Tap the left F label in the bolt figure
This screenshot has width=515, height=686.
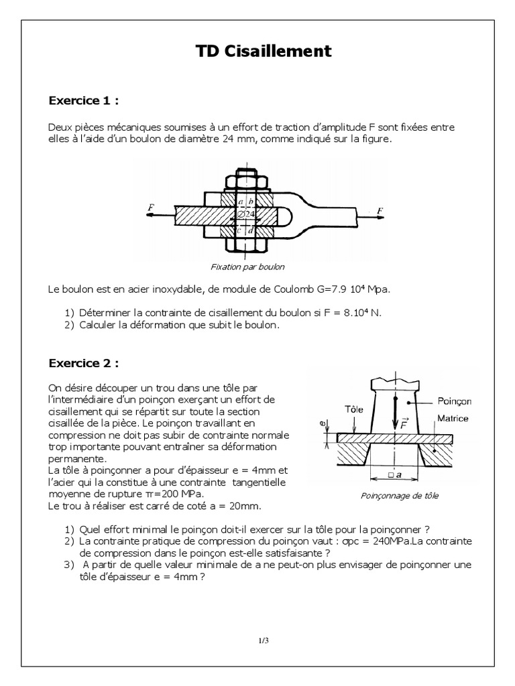point(150,209)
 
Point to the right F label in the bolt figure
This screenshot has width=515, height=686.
point(381,210)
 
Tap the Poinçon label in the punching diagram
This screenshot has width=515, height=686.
point(455,401)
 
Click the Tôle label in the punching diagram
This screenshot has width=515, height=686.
point(353,408)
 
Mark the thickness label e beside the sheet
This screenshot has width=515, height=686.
point(323,425)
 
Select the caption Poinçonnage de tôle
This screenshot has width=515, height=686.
point(400,496)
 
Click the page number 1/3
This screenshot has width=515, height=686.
point(264,640)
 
